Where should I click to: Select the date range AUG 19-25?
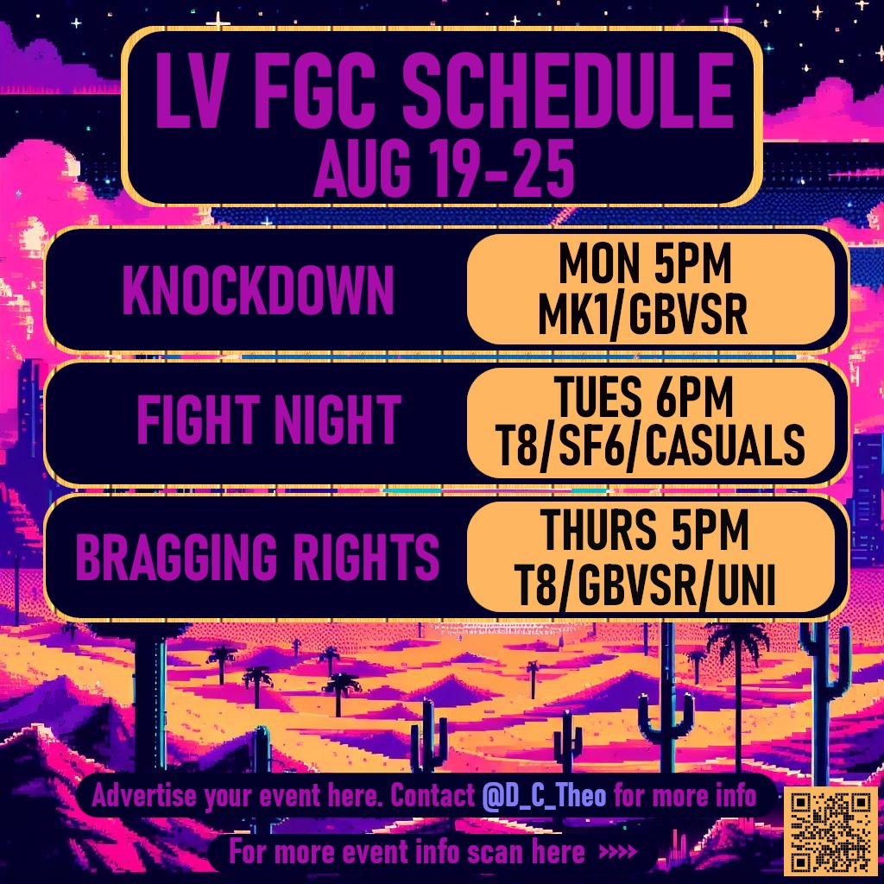(444, 171)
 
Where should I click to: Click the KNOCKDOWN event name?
(259, 292)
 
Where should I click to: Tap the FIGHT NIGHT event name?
(268, 420)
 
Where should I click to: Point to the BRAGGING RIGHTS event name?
(258, 558)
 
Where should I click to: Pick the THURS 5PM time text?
(646, 533)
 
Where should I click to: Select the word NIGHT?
(331, 420)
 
